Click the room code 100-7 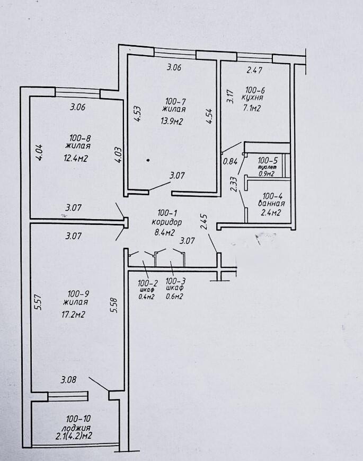tap(175, 101)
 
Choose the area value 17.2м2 tap(74, 315)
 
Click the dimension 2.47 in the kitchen tap(255, 69)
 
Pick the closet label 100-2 tap(146, 282)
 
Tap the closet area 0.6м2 tap(174, 297)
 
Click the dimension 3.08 tap(69, 380)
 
